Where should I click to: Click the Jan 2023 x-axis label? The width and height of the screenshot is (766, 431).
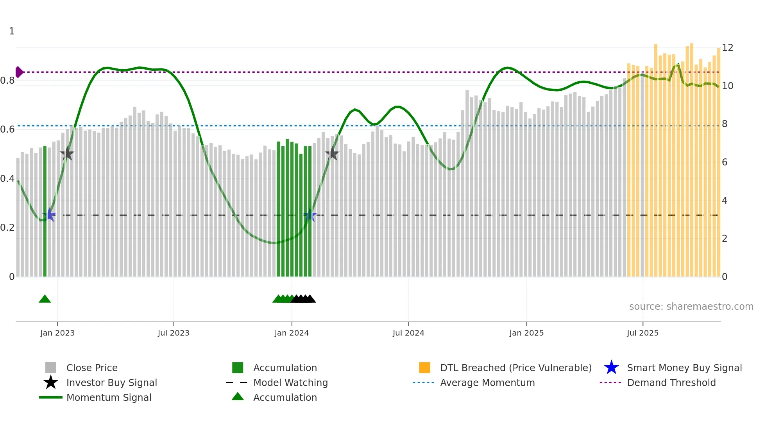click(x=57, y=333)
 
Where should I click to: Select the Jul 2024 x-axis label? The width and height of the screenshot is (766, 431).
click(x=408, y=333)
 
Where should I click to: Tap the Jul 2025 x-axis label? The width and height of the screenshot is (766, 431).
click(x=643, y=333)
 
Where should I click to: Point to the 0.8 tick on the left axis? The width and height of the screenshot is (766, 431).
click(x=7, y=81)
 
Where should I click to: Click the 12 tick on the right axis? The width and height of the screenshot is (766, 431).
click(x=727, y=48)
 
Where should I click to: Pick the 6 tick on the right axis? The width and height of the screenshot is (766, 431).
click(x=725, y=162)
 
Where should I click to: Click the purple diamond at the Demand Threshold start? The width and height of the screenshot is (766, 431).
click(x=19, y=72)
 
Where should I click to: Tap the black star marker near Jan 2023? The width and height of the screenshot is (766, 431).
click(x=67, y=154)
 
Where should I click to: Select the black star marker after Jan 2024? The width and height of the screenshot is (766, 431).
click(x=332, y=154)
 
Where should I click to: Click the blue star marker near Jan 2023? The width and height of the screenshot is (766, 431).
click(x=50, y=215)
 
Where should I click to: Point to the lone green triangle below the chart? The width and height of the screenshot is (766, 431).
click(x=45, y=299)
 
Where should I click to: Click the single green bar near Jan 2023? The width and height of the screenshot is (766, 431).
click(x=45, y=211)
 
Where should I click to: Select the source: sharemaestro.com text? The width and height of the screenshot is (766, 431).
click(x=691, y=307)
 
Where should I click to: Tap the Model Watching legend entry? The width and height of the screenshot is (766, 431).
click(x=290, y=383)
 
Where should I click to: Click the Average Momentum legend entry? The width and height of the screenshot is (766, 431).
click(x=487, y=383)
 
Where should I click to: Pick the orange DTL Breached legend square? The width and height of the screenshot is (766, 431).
click(x=424, y=368)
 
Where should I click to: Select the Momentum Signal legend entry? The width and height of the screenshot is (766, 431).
click(x=109, y=397)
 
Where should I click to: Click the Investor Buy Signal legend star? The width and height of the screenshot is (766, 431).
click(x=51, y=383)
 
